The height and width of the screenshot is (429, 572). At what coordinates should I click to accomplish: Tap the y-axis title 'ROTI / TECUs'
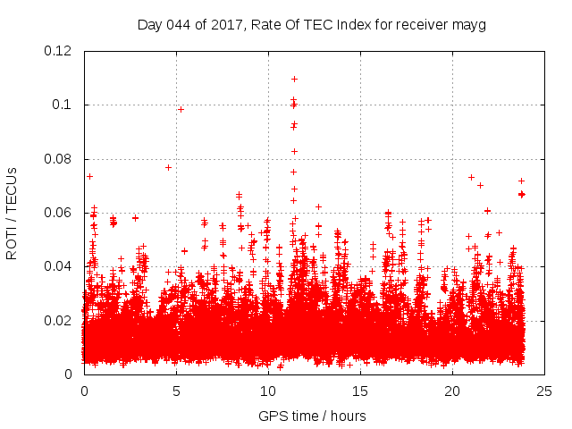pos(12,213)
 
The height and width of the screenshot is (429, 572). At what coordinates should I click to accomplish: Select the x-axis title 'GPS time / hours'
pos(312,416)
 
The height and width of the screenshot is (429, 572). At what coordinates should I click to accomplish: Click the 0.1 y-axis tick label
pos(64,105)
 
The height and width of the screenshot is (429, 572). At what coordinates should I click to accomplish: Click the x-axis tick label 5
pos(176,391)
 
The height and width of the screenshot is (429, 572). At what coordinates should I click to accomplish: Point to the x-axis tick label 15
pos(360,391)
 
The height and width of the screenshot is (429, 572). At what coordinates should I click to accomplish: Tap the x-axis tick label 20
pos(452,391)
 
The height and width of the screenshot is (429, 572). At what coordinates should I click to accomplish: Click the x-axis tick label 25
pos(544,391)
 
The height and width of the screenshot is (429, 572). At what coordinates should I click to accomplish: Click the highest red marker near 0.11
pos(294,79)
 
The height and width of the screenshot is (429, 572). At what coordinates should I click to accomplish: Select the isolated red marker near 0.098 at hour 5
pos(181,109)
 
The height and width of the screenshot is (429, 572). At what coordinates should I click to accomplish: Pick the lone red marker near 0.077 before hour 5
pos(168,167)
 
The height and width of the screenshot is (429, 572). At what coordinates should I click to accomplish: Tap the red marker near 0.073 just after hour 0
pos(89,176)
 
